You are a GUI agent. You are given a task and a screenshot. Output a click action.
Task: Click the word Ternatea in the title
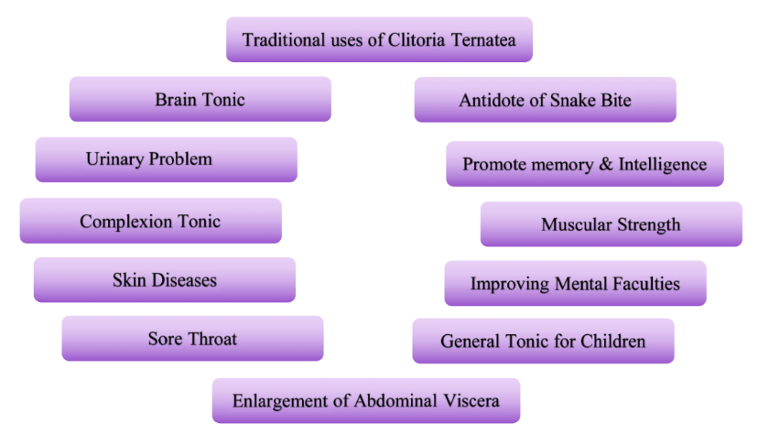pyautogui.click(x=483, y=39)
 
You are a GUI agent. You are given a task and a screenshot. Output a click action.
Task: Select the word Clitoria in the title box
pyautogui.click(x=417, y=39)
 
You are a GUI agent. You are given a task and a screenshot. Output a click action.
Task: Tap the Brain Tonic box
pyautogui.click(x=200, y=99)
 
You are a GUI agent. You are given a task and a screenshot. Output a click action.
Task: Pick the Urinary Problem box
pyautogui.click(x=167, y=159)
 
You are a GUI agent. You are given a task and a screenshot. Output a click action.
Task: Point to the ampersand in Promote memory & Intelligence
pyautogui.click(x=606, y=164)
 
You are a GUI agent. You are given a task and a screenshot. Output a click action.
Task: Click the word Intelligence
pyautogui.click(x=663, y=165)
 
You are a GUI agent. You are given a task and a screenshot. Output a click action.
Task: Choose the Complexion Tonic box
pyautogui.click(x=151, y=221)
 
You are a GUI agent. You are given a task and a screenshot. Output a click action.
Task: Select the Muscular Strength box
pyautogui.click(x=611, y=224)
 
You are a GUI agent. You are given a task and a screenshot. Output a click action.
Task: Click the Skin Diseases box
pyautogui.click(x=165, y=280)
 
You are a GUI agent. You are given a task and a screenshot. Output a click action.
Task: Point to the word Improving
pyautogui.click(x=510, y=284)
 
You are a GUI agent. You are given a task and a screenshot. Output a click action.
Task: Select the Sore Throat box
pyautogui.click(x=192, y=339)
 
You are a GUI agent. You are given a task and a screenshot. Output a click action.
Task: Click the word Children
pyautogui.click(x=613, y=341)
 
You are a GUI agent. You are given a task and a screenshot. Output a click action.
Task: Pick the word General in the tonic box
pyautogui.click(x=471, y=341)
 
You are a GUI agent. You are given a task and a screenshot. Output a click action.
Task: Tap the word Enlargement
pyautogui.click(x=280, y=401)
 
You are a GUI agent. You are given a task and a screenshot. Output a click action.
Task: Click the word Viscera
pyautogui.click(x=471, y=400)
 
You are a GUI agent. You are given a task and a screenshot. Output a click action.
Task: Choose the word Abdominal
pyautogui.click(x=395, y=400)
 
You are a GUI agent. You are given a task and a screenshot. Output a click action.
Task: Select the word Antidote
pyautogui.click(x=492, y=100)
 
